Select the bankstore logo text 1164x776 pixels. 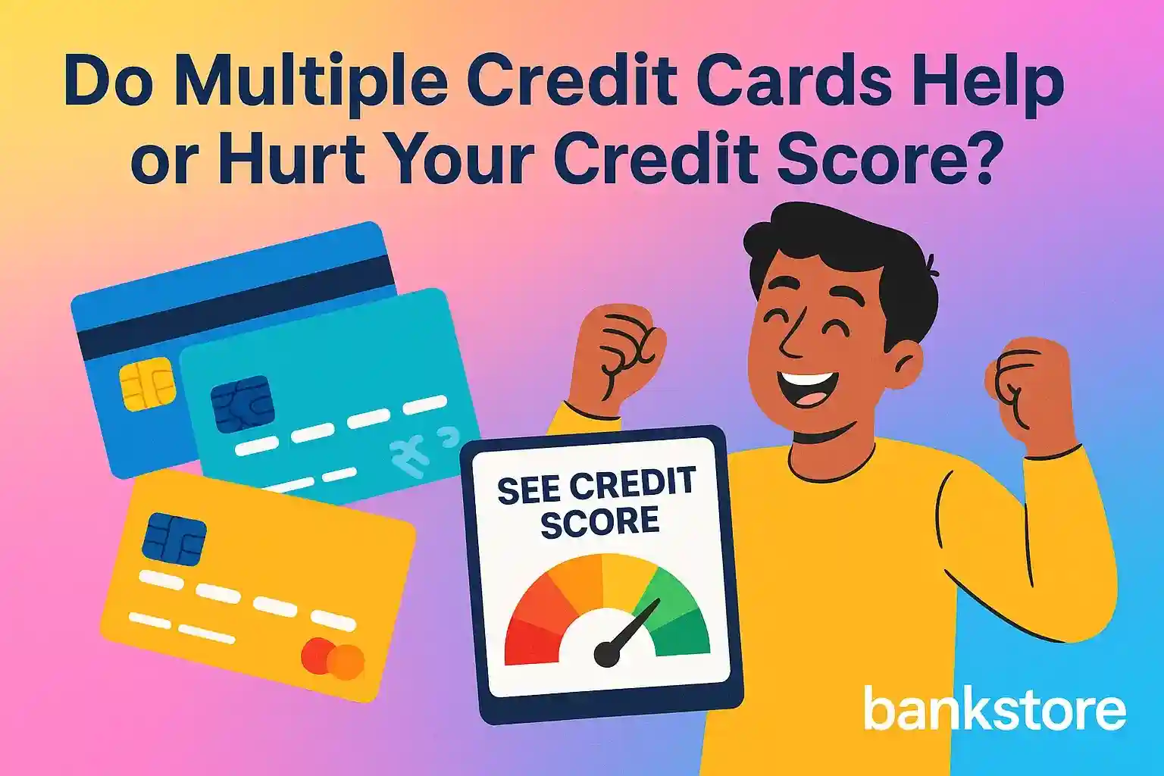tap(994, 709)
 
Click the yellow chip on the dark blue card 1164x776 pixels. tap(148, 384)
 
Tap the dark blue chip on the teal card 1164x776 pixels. tap(242, 403)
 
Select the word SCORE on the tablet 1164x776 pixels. tap(599, 523)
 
